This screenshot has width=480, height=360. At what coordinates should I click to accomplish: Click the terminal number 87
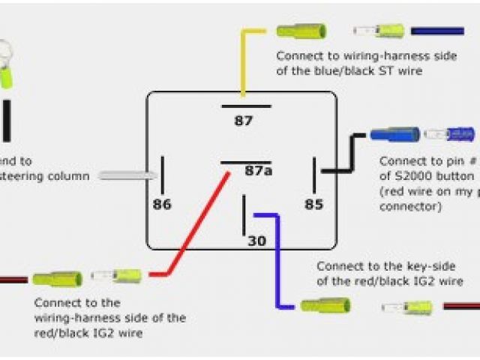coord(244,121)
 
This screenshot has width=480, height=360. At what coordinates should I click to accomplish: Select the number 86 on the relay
coord(162,203)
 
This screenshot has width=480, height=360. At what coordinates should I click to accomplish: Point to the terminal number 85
coord(313,203)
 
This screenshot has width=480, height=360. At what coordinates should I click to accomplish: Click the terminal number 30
coord(257,241)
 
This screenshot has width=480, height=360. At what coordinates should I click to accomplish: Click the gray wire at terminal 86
coord(127,175)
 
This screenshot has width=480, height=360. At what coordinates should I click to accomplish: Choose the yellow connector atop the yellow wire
coord(300,31)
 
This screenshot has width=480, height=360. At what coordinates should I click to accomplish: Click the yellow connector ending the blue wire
coord(325,305)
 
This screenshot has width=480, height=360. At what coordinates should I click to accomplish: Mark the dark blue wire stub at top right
coord(437,31)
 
